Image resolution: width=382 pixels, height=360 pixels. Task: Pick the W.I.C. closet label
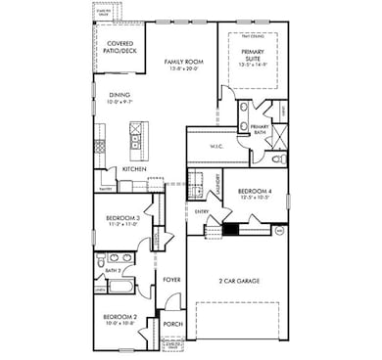tap(217, 146)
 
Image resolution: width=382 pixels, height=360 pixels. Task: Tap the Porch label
tap(173, 324)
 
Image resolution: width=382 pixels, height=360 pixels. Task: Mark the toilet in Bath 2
tap(101, 261)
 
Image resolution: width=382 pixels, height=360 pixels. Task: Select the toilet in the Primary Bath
tap(277, 159)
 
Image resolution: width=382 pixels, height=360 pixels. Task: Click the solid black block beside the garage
tap(231, 231)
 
